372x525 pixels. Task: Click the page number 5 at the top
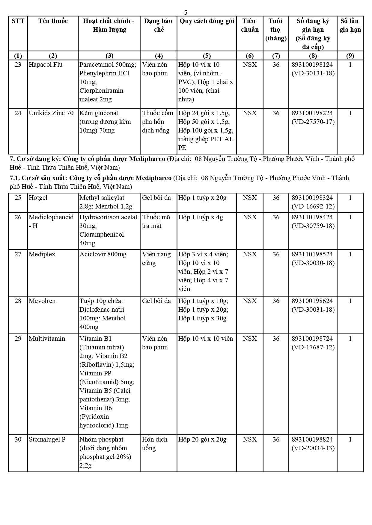point(186,12)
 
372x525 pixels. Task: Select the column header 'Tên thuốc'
point(53,21)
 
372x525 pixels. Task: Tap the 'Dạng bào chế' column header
point(158,25)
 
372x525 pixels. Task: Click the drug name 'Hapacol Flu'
point(46,65)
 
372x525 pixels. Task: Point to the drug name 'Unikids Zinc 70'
point(51,113)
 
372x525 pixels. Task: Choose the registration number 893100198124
point(312,65)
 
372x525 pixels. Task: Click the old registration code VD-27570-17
point(313,122)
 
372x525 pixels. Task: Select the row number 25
point(18,198)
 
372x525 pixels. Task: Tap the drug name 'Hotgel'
point(38,198)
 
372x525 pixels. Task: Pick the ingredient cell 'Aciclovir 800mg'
point(103,254)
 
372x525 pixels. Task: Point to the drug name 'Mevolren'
point(42,301)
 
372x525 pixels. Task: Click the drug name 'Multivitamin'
point(47,339)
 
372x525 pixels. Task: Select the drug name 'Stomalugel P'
point(47,439)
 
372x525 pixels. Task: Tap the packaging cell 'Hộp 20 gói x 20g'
point(202,439)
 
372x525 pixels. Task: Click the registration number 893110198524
point(312,254)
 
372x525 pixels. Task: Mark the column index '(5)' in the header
point(207,56)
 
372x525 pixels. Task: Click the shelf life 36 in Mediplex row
point(276,254)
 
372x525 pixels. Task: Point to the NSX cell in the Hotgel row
point(250,198)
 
